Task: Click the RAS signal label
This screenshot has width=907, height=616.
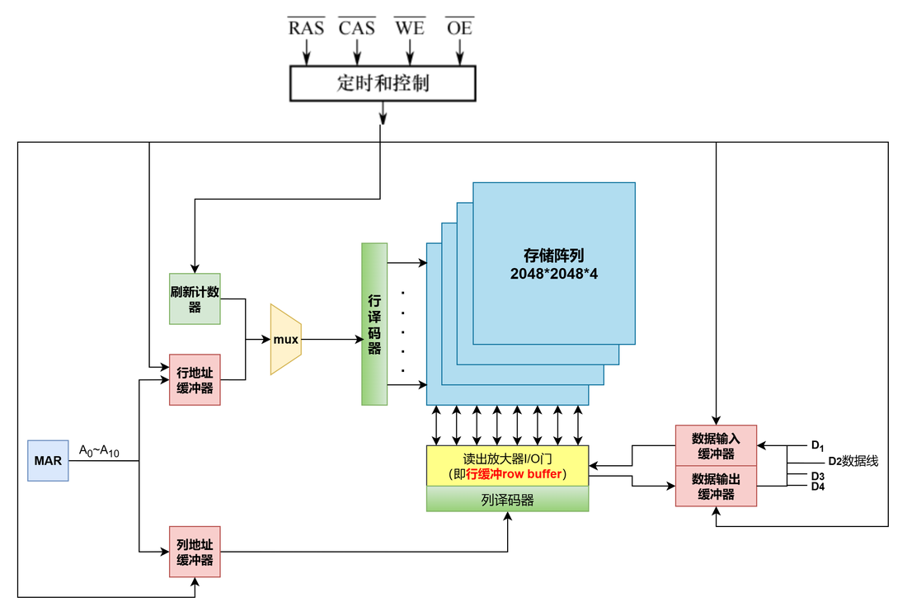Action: [x=306, y=27]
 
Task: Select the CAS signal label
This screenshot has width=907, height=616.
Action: [x=357, y=27]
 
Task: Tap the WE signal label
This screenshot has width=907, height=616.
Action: [x=410, y=27]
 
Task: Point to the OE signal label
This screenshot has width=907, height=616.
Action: [x=460, y=27]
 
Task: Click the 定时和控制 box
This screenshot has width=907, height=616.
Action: [x=383, y=83]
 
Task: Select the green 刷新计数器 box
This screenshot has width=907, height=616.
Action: [x=195, y=299]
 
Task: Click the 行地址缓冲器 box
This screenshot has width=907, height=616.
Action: [x=195, y=379]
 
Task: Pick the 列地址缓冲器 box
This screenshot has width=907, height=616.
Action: [x=195, y=552]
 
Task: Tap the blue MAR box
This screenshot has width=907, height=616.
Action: [x=48, y=460]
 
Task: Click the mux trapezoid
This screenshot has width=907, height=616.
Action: [x=286, y=339]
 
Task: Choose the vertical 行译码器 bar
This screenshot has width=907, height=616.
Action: [x=374, y=324]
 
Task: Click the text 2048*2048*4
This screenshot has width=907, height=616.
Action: [x=553, y=274]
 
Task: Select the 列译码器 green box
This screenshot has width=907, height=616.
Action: [x=507, y=499]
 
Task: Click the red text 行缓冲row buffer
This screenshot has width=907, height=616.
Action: [x=514, y=473]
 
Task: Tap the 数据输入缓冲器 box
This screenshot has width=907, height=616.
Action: [x=716, y=445]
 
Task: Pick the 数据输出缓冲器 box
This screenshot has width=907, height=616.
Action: [x=716, y=486]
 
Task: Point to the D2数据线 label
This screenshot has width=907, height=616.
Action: [x=853, y=461]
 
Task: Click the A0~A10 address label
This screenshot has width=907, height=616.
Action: [x=99, y=450]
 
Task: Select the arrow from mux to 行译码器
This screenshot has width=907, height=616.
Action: [x=332, y=339]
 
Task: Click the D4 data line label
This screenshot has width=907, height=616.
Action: [x=818, y=487]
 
